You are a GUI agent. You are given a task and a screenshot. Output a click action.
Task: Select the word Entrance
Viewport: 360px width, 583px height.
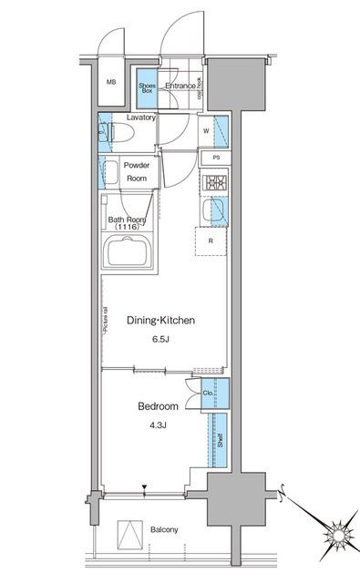[180, 87]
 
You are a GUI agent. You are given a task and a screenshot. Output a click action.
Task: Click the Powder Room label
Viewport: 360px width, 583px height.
[137, 173]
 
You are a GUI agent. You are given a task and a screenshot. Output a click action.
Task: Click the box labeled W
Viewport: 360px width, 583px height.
[206, 130]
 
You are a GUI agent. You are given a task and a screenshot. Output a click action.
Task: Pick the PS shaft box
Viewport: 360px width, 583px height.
[215, 158]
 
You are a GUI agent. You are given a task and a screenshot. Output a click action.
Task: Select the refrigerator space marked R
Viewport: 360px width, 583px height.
[211, 241]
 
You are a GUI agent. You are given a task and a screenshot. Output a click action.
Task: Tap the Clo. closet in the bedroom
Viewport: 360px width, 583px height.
[209, 394]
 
